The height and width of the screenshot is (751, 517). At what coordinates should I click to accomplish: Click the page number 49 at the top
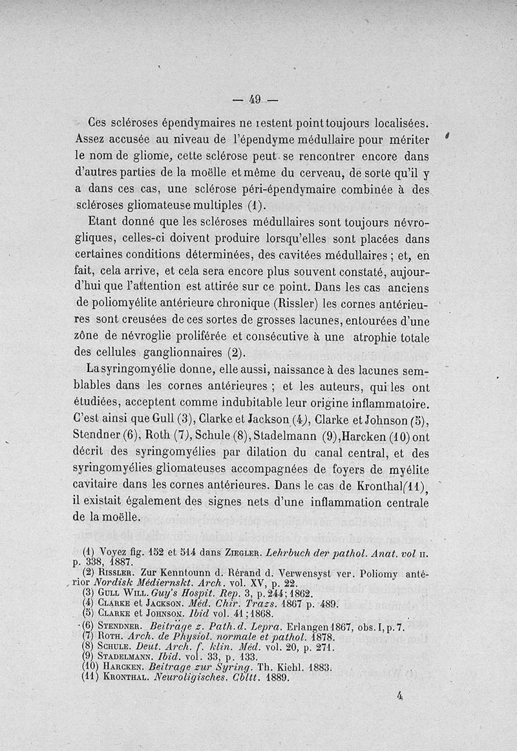[x=254, y=99]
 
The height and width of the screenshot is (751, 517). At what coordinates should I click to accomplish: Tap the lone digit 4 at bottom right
[x=401, y=696]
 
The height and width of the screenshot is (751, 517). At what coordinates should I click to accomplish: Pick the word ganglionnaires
[x=180, y=353]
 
